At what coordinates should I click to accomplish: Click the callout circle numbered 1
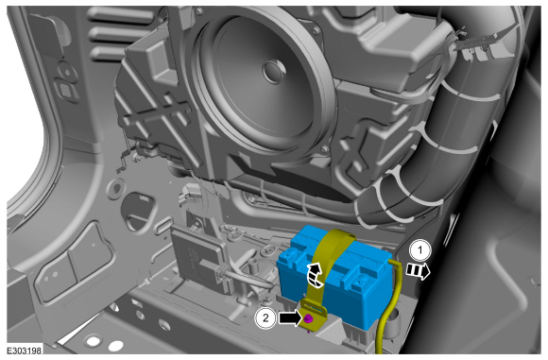pyautogui.click(x=420, y=250)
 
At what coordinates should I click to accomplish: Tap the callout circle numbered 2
pyautogui.click(x=265, y=318)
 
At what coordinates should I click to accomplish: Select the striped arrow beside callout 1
pyautogui.click(x=418, y=271)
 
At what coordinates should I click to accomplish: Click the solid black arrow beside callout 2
pyautogui.click(x=290, y=317)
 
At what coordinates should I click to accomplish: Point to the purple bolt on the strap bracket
pyautogui.click(x=308, y=318)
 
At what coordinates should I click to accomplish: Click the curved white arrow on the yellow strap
pyautogui.click(x=315, y=276)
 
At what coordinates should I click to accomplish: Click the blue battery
pyautogui.click(x=335, y=276)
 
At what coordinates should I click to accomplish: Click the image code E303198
pyautogui.click(x=25, y=350)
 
